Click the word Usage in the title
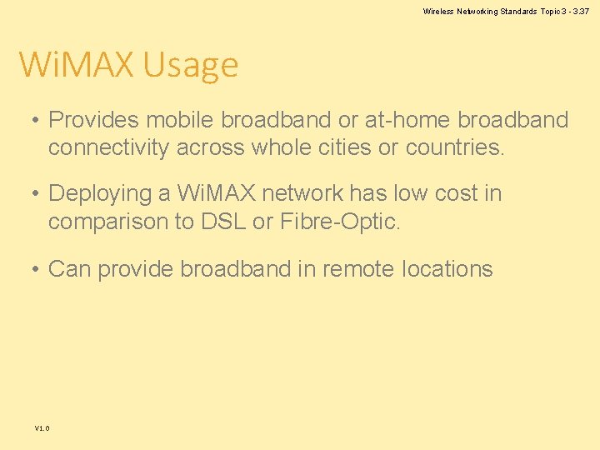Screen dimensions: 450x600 point(191,65)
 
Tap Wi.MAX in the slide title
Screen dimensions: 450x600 point(77,65)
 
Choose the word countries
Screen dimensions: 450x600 point(455,147)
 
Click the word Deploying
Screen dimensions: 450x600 point(102,193)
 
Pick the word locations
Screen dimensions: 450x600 point(447,269)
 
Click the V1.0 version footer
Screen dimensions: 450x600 point(42,428)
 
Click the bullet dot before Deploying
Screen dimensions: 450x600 point(35,194)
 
